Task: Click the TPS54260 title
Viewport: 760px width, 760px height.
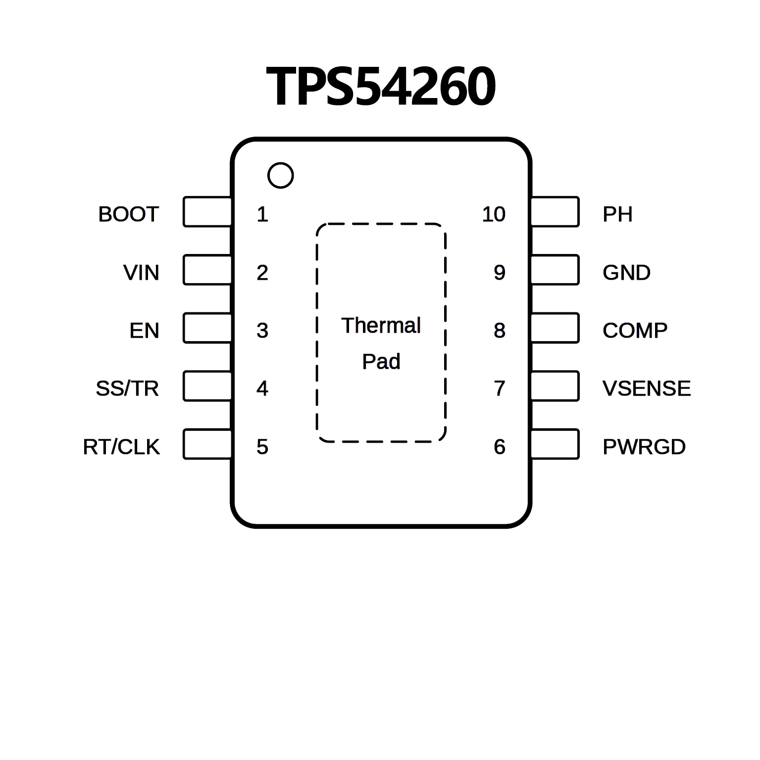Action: pyautogui.click(x=380, y=87)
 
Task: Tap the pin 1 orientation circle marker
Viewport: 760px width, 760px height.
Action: pyautogui.click(x=280, y=175)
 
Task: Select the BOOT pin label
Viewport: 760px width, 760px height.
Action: pyautogui.click(x=128, y=214)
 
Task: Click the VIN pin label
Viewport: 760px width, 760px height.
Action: pyautogui.click(x=141, y=273)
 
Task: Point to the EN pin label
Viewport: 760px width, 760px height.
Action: pyautogui.click(x=144, y=331)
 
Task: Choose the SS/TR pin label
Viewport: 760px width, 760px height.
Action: pyautogui.click(x=127, y=389)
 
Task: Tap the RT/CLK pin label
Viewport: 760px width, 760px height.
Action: pyautogui.click(x=121, y=447)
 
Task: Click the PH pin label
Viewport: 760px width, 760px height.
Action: pyautogui.click(x=617, y=214)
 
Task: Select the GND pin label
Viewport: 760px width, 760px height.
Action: pyautogui.click(x=626, y=273)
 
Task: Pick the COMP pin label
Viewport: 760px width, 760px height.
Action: pyautogui.click(x=635, y=331)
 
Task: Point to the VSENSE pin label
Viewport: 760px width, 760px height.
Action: pyautogui.click(x=647, y=389)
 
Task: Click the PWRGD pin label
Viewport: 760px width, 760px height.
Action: pyautogui.click(x=644, y=447)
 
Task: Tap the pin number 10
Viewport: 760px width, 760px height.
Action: pyautogui.click(x=494, y=214)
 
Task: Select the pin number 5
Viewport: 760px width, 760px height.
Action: pyautogui.click(x=262, y=447)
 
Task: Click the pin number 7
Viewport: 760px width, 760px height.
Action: pyautogui.click(x=500, y=389)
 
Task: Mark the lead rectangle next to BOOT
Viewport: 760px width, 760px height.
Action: pyautogui.click(x=207, y=212)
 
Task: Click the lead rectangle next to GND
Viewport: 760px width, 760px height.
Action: pyautogui.click(x=555, y=270)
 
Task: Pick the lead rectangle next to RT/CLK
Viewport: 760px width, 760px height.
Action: pyautogui.click(x=207, y=444)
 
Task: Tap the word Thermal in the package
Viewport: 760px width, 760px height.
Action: pyautogui.click(x=381, y=326)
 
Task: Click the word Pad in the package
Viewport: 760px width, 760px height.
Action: pyautogui.click(x=381, y=362)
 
